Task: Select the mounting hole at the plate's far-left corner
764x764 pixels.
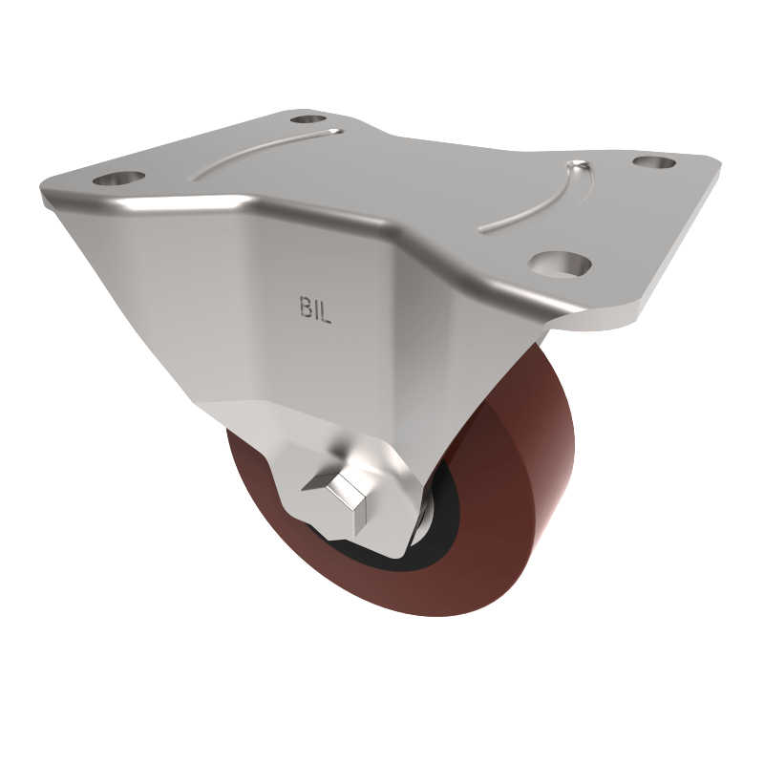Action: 117,179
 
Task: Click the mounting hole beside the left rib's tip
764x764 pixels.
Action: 308,119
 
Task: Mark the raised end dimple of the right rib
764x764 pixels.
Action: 578,169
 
